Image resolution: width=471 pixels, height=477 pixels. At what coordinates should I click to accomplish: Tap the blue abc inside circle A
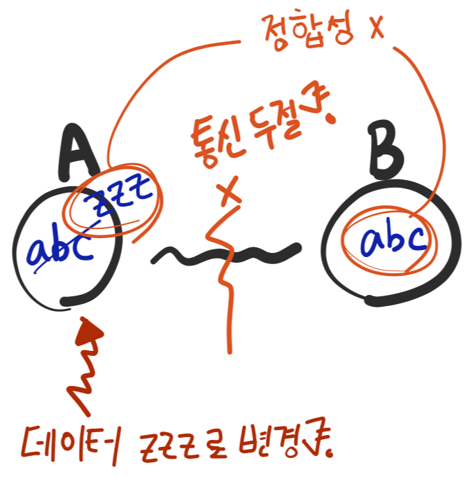click(62, 249)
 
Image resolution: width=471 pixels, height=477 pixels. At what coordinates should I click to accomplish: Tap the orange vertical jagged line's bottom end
click(228, 348)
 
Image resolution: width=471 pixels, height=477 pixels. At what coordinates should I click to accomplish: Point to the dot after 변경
click(329, 449)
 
